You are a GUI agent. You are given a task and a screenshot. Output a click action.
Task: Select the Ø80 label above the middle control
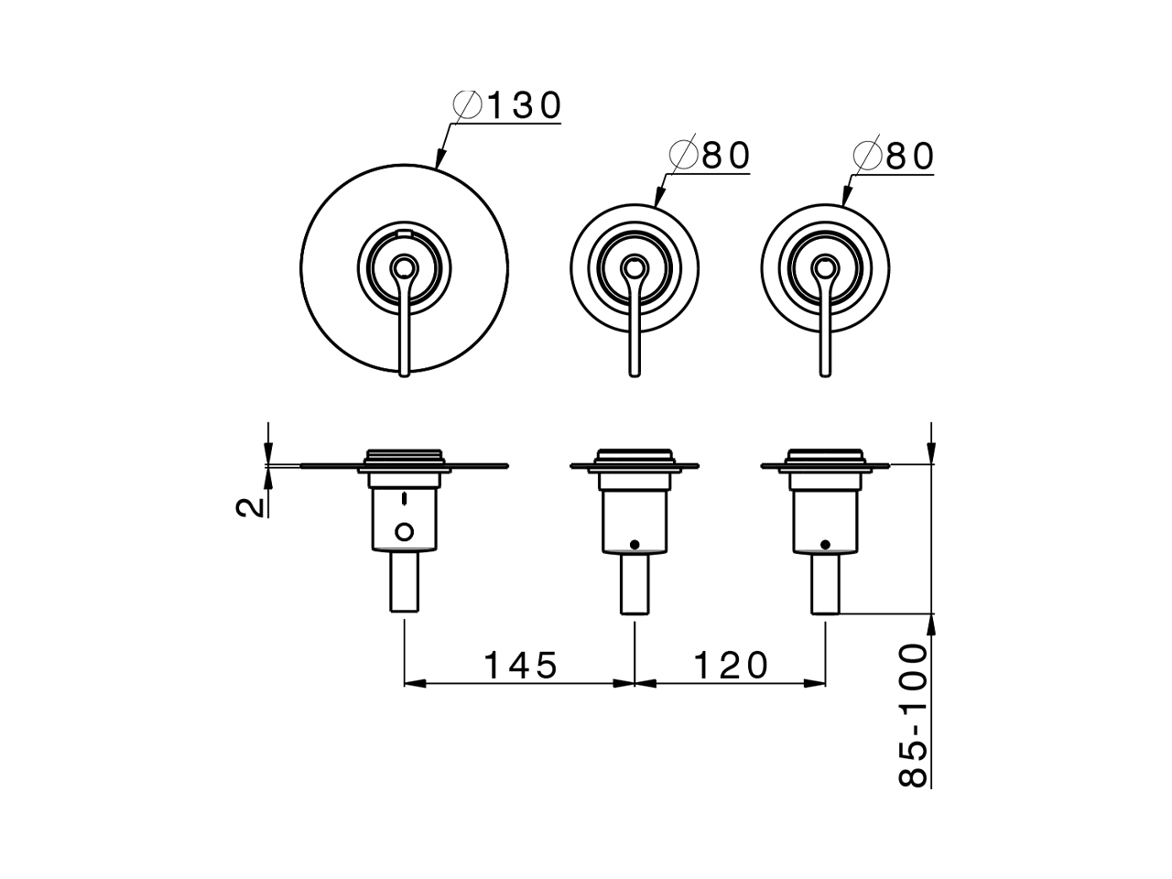(711, 157)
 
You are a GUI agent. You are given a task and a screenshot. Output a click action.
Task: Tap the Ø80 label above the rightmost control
(894, 157)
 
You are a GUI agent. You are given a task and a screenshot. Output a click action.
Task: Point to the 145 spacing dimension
(520, 665)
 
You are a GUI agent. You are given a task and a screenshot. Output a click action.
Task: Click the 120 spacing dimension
(731, 665)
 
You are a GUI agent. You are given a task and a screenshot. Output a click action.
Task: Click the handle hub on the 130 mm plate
(404, 269)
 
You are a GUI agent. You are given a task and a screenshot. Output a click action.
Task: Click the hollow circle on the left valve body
(404, 530)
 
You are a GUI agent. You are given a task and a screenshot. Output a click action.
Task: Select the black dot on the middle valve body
(635, 544)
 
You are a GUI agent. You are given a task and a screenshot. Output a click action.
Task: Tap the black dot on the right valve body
(825, 544)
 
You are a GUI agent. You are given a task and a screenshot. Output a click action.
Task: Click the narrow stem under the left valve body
(404, 582)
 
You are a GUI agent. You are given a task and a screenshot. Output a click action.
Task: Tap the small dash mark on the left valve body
(404, 500)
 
